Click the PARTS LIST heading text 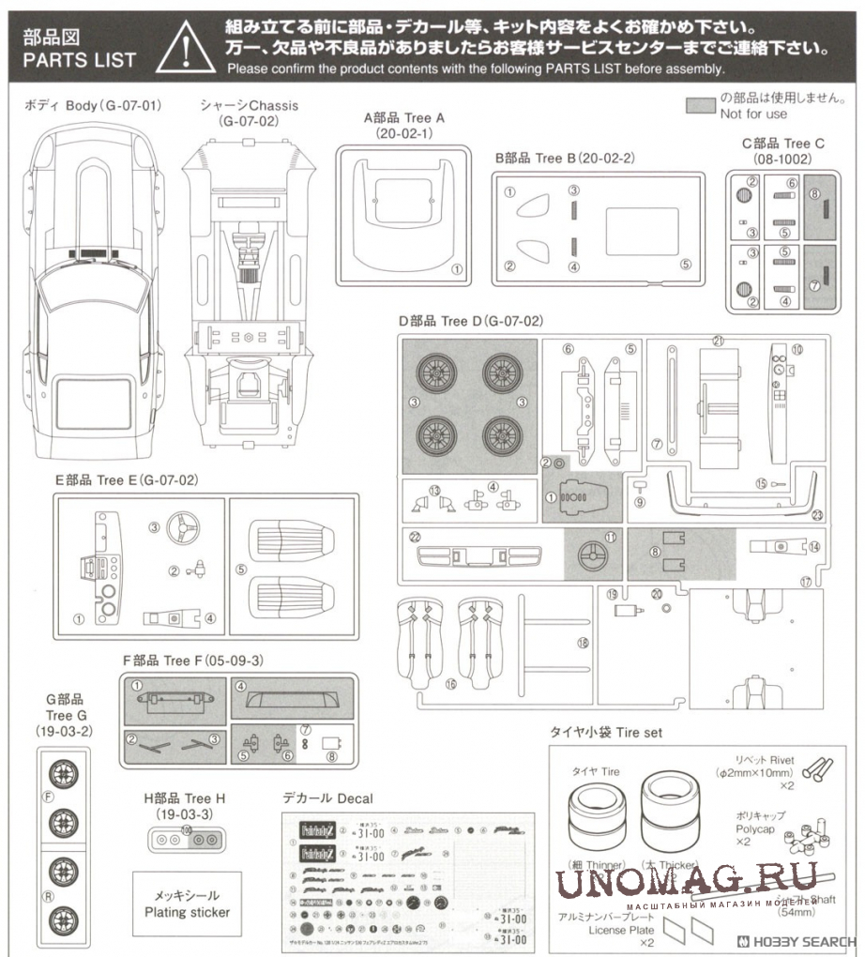[x=80, y=60]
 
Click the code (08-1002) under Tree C [x=782, y=159]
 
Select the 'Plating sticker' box [x=187, y=903]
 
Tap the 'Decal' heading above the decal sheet [x=327, y=798]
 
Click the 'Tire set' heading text [x=607, y=732]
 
